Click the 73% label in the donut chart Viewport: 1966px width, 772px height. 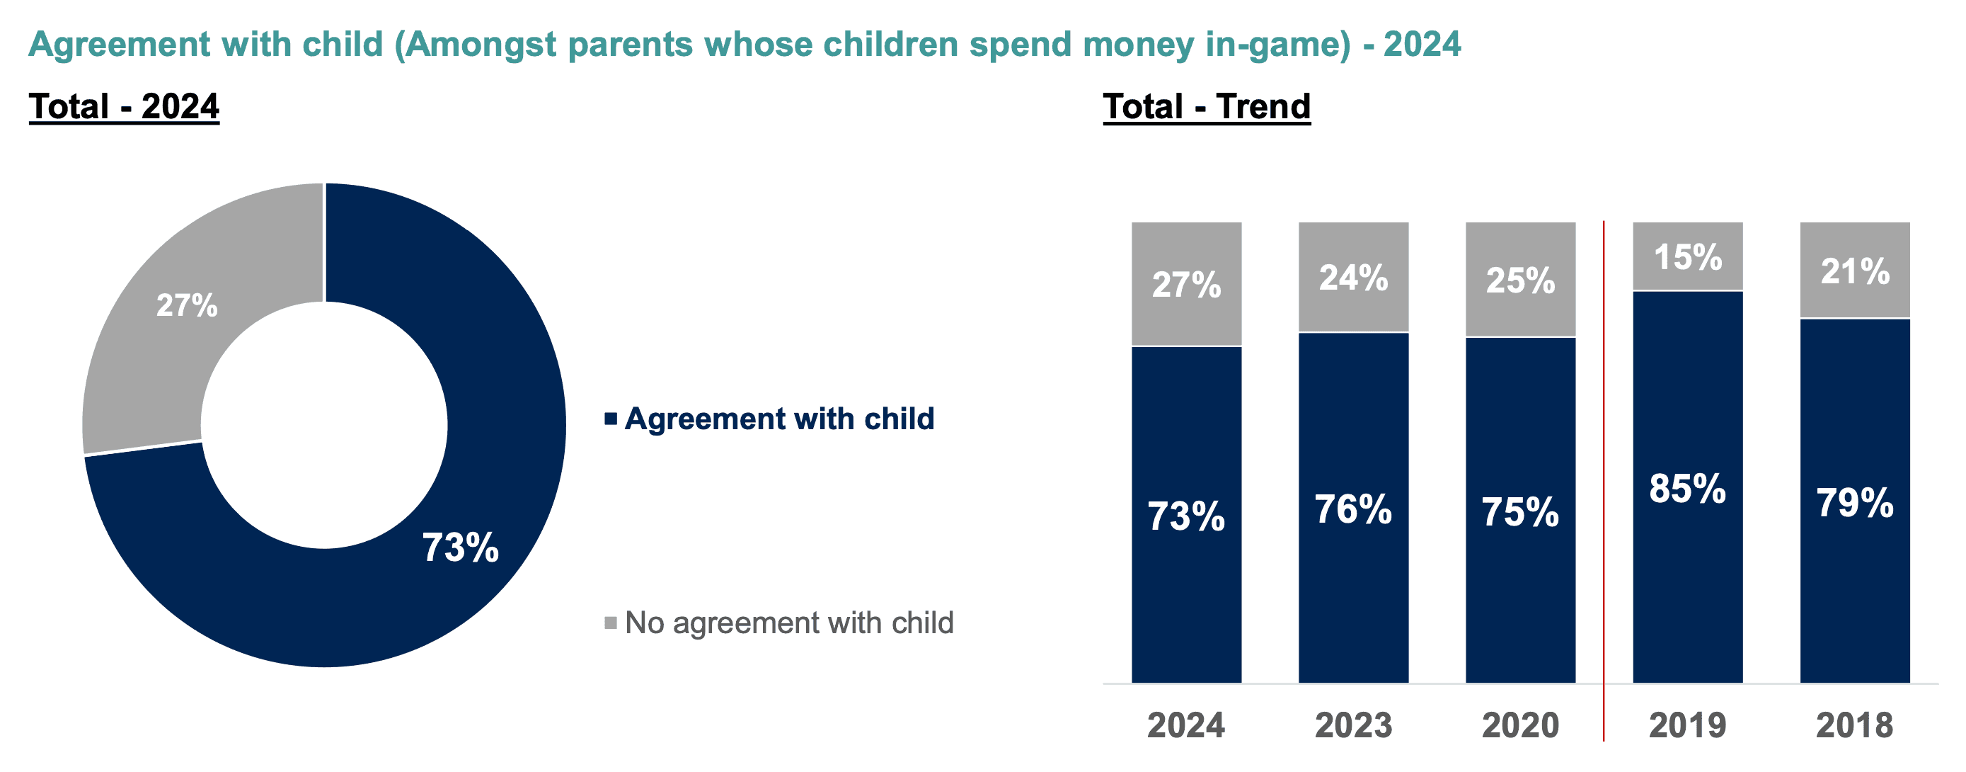[460, 547]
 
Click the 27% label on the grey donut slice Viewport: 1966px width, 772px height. [187, 305]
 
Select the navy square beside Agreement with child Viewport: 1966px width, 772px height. [611, 419]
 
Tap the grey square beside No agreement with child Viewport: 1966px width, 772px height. [611, 623]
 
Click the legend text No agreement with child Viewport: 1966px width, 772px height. [789, 623]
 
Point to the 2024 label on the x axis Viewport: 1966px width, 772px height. [1186, 725]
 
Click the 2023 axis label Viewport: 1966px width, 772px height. [1353, 725]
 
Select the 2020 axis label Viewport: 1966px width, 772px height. [1520, 725]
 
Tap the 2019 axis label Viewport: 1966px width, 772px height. [1687, 725]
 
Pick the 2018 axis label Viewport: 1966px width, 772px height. [1855, 725]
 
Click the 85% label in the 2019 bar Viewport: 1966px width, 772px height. [1687, 489]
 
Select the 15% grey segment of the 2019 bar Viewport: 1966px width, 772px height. [1687, 256]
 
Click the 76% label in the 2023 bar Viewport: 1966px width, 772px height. [1353, 509]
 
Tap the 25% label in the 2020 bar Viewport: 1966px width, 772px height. [1520, 280]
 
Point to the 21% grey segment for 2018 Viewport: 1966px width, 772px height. [1855, 271]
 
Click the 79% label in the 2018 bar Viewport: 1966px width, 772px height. [1855, 503]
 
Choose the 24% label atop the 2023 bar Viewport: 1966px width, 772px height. [1353, 277]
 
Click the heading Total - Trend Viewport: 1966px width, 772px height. [1207, 106]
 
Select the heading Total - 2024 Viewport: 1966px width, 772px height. [124, 106]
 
